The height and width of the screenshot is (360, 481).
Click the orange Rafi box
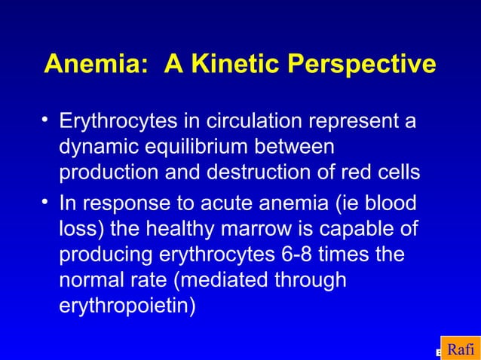pos(460,349)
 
